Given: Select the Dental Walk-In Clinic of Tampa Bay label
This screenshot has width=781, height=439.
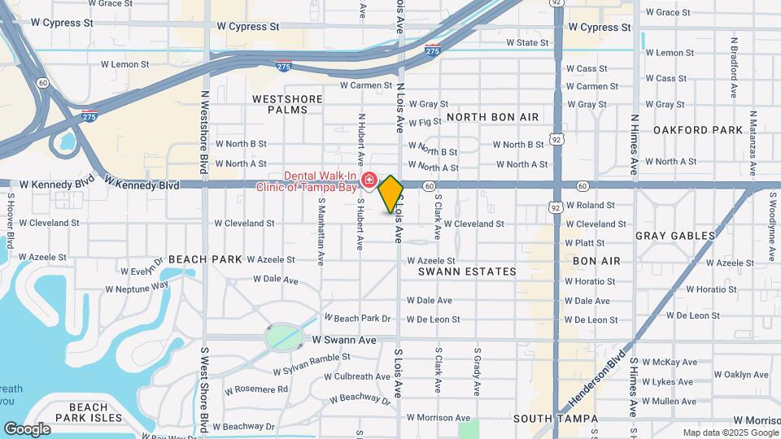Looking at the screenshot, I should [319, 181].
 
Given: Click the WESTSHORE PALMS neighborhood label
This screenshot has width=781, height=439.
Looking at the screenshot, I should [287, 104].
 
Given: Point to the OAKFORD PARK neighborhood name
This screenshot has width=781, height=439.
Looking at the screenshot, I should [698, 130].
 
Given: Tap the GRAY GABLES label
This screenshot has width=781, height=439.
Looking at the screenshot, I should [675, 236].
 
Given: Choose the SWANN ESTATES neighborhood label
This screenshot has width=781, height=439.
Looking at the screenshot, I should [467, 272].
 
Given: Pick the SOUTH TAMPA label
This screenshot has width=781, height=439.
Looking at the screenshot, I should [545, 418].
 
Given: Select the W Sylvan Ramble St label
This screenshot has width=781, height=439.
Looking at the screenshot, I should [312, 363].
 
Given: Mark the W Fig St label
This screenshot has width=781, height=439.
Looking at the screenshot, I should [425, 122].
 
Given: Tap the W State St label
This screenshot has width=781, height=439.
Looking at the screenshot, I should [527, 42].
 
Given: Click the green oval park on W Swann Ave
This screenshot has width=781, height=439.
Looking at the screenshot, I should [283, 336].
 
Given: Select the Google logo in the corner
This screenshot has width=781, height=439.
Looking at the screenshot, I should [27, 428].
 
